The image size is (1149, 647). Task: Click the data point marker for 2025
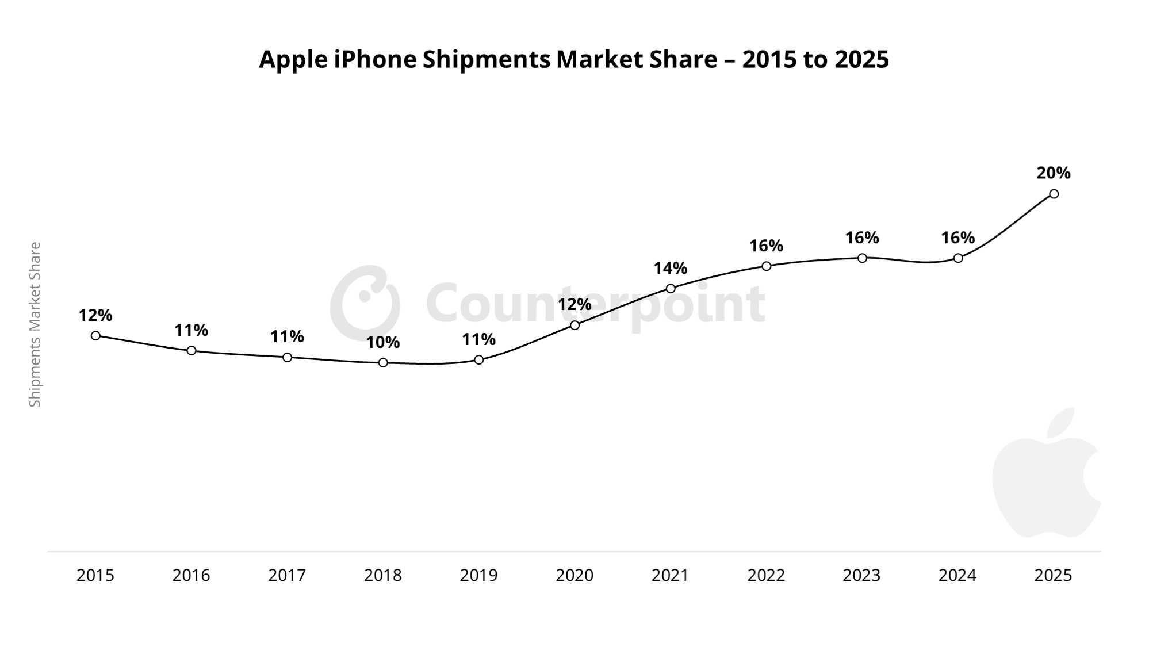coord(1054,194)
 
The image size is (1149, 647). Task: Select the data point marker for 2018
coord(383,363)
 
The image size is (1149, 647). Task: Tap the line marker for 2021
coord(671,289)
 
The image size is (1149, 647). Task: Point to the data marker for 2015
coord(95,336)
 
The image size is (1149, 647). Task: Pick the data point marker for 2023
coord(862,258)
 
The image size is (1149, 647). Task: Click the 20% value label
coord(1054,173)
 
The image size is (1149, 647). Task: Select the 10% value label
coord(383,343)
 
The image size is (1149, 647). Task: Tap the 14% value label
coord(671,269)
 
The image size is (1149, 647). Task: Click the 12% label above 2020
coord(574,305)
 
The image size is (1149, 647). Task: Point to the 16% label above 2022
coord(766,246)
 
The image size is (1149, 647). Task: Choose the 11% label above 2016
coord(191,331)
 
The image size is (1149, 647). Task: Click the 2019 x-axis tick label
coord(478,576)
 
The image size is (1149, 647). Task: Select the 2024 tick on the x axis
coord(957,576)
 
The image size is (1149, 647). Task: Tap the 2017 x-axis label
coord(287,576)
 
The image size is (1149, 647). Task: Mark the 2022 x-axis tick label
coord(766,576)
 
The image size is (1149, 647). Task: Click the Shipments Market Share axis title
coord(35,325)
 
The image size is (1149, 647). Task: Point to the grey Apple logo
coord(1047,473)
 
